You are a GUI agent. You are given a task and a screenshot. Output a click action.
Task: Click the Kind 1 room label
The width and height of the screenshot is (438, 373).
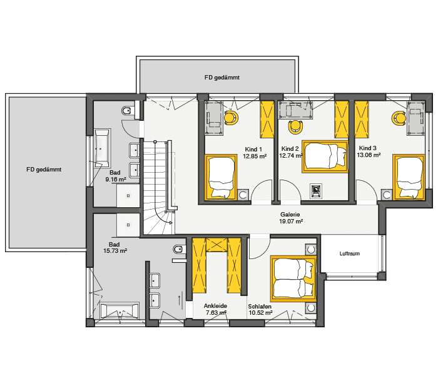coord(253,150)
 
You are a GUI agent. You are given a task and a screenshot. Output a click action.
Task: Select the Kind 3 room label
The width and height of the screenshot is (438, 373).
coord(367,149)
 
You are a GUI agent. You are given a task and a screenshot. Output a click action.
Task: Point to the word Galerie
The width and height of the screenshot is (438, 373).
coord(291,214)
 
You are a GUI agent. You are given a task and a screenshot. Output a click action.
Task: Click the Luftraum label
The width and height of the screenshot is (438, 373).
coord(349,254)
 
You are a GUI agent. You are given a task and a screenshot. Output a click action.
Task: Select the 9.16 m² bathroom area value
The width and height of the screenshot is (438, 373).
coord(116,179)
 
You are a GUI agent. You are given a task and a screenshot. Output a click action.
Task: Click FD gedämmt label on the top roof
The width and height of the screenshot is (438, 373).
coord(222,78)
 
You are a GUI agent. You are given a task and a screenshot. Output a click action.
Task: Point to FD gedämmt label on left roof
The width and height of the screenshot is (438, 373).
coord(43,169)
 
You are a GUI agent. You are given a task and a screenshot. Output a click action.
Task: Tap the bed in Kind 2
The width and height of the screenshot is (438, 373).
coord(324,156)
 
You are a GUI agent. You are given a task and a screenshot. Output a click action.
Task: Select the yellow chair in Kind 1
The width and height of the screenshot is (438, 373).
coord(231,118)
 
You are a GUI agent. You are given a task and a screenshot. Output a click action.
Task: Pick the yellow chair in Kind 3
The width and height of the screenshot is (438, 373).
coord(397,117)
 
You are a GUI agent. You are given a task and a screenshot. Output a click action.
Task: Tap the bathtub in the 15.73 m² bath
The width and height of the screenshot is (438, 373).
coord(119,310)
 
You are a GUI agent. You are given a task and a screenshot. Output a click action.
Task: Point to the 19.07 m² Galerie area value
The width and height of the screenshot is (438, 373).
coord(291,221)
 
